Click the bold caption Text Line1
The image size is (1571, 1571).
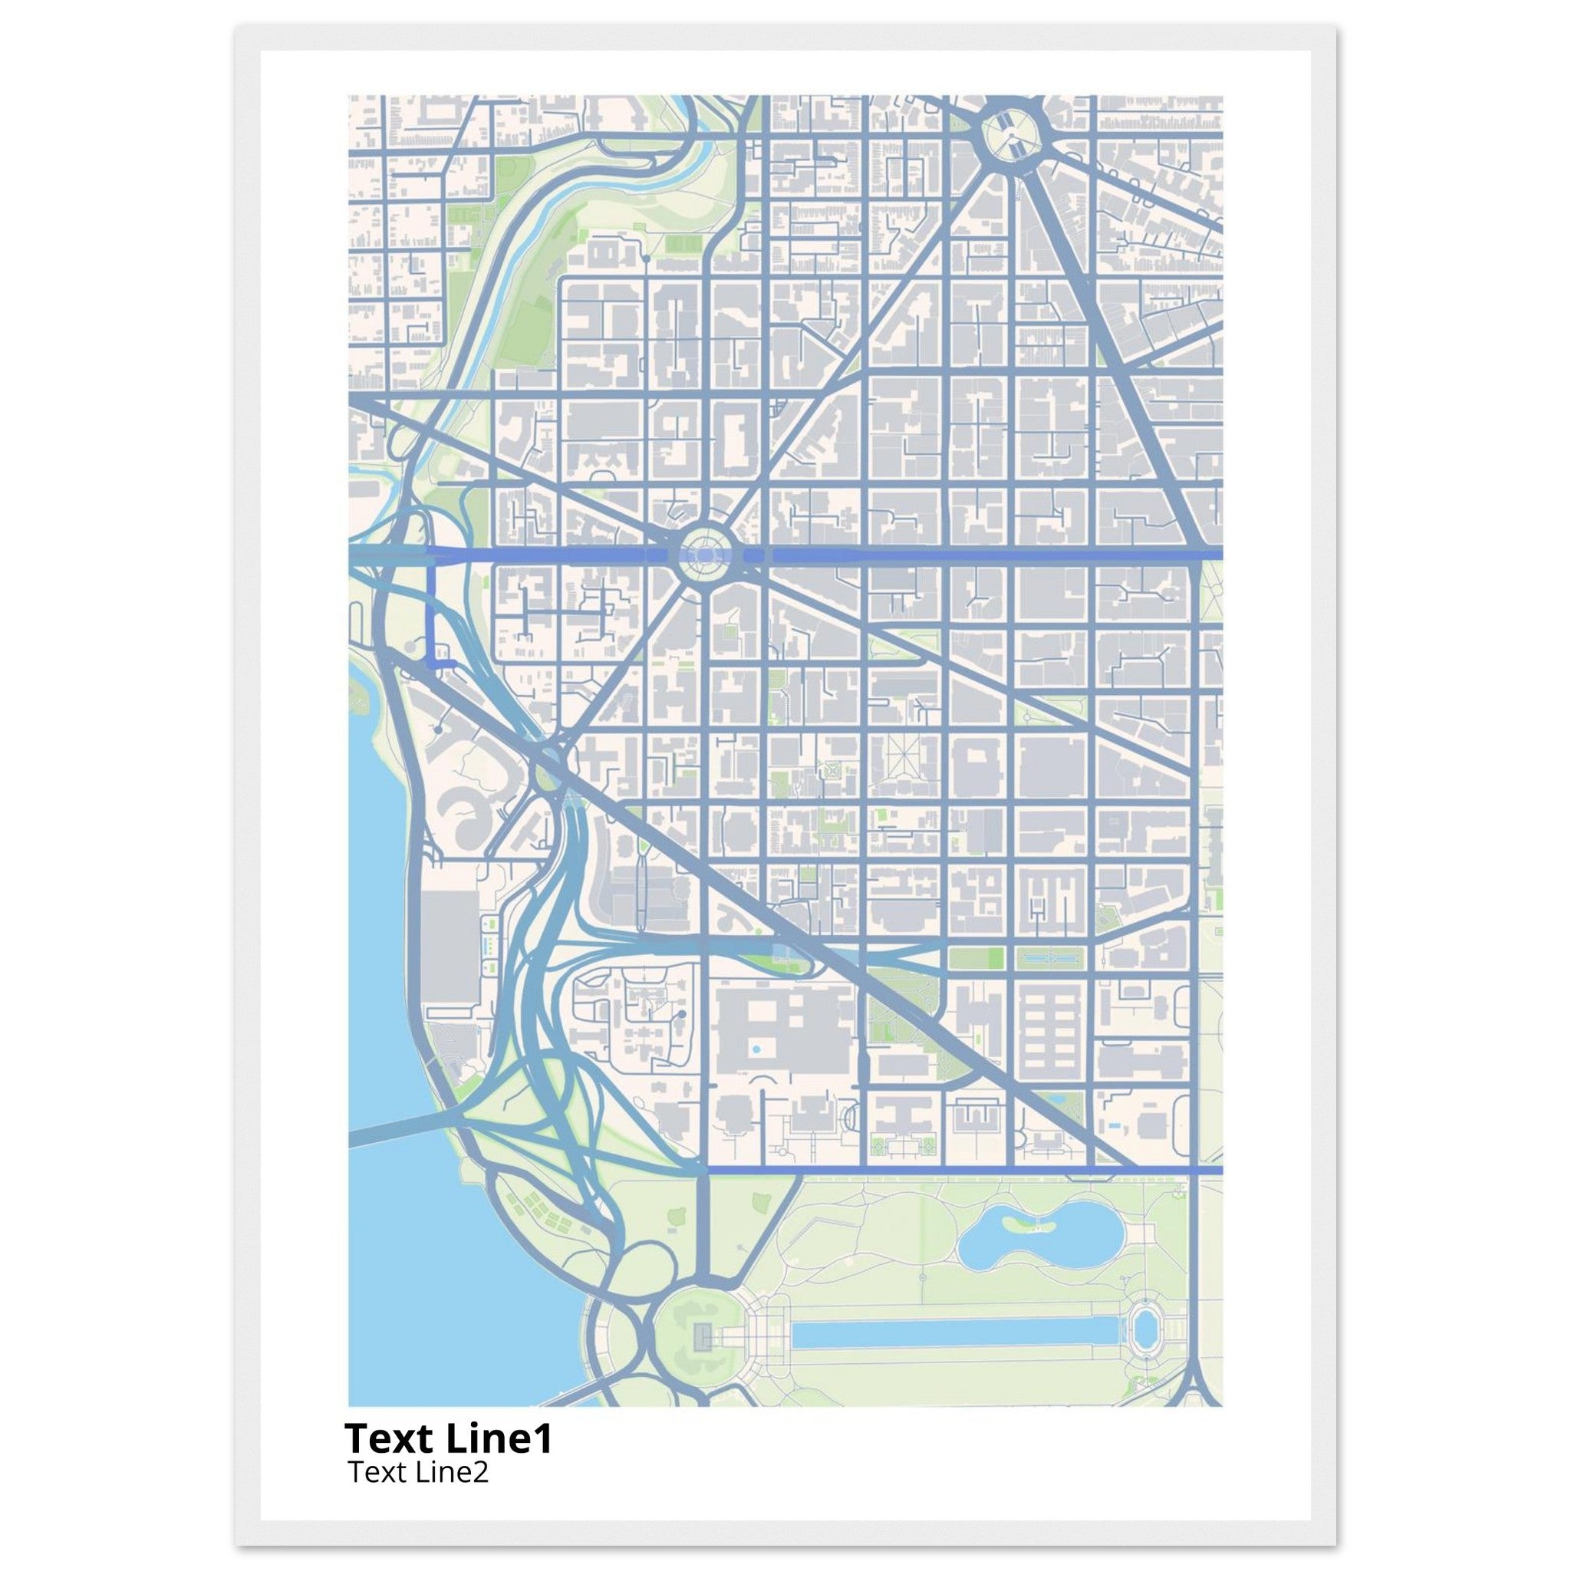click(449, 1438)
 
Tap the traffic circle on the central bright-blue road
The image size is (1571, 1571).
click(705, 555)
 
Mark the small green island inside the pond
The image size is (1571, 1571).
click(1019, 1222)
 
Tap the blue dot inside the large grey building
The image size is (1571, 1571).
click(756, 1049)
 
